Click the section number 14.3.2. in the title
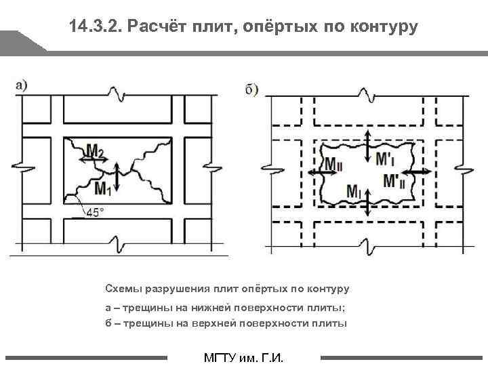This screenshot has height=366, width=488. tap(96, 27)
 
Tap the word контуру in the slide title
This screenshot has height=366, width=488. tap(385, 27)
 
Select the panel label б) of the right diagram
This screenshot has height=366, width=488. tap(251, 89)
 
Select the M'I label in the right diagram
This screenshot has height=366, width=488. tap(385, 157)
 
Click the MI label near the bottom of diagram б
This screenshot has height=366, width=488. tap(353, 191)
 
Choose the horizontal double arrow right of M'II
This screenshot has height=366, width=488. tap(420, 173)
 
